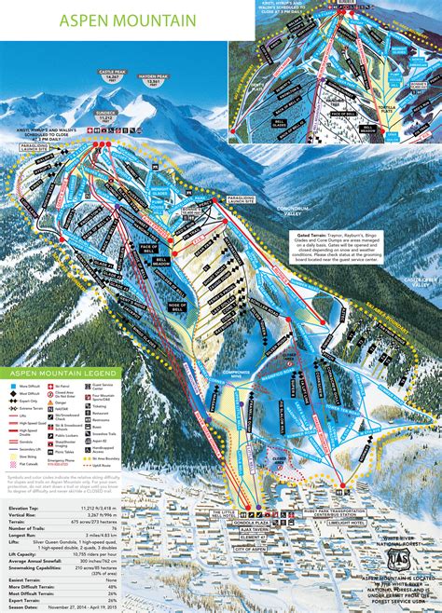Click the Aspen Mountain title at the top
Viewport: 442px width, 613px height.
(x=127, y=20)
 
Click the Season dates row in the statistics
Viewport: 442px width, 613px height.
(x=75, y=606)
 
